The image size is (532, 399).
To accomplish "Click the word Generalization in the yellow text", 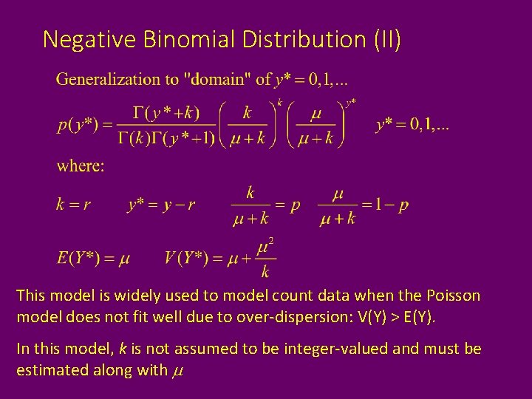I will click(109, 79).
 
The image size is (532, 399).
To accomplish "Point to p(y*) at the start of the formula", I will click(78, 124).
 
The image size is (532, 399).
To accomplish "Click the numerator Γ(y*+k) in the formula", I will click(167, 113).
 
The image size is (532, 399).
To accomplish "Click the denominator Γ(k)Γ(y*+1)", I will click(167, 137).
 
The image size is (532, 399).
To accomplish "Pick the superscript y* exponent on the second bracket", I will click(351, 102).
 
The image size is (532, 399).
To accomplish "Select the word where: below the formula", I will click(81, 166).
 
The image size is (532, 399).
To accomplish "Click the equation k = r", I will click(73, 205).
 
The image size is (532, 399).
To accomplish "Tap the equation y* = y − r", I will click(161, 205).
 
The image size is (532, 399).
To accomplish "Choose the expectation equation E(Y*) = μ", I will click(93, 259).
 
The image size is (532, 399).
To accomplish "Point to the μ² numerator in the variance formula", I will click(265, 246).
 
